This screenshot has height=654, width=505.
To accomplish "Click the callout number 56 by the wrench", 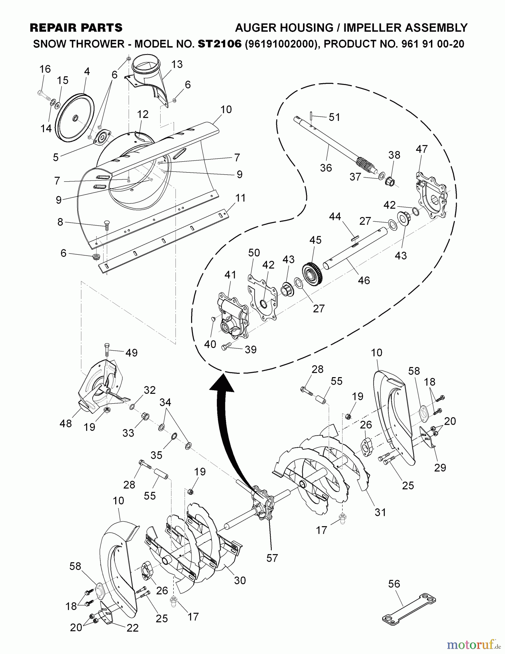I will click(x=394, y=584).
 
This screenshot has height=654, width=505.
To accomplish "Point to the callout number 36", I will click(x=326, y=167).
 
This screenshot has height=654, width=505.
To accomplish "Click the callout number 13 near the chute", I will click(x=177, y=64).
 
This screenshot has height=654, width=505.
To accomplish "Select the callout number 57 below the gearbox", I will click(x=272, y=558).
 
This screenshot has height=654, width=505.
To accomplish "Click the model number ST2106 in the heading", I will click(x=219, y=44).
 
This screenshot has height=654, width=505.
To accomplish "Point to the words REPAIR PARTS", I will click(x=76, y=28).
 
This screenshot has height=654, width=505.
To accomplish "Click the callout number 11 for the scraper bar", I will click(x=240, y=198).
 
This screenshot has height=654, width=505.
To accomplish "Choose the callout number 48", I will click(x=66, y=423).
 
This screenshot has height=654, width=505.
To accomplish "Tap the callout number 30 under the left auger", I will click(x=240, y=580).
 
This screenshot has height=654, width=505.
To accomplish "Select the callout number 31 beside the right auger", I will click(x=380, y=512).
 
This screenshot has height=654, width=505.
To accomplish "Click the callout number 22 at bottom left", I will click(x=133, y=628).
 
